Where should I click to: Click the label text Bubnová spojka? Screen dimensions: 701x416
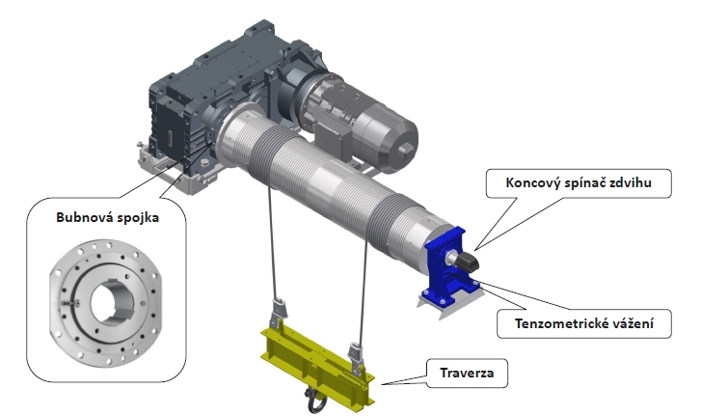(107, 218)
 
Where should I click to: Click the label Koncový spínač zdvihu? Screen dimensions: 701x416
(579, 183)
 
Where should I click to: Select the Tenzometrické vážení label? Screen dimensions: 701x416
(584, 323)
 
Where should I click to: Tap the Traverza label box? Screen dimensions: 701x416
(468, 374)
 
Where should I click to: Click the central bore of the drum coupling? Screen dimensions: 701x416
(106, 302)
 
